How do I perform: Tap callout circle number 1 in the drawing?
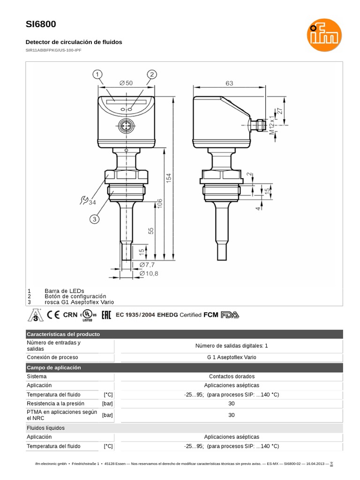[x=97, y=75]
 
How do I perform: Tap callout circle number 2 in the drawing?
[x=152, y=75]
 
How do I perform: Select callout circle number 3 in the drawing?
[x=94, y=219]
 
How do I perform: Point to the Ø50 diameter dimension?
[x=126, y=83]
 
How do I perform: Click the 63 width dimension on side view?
[x=229, y=83]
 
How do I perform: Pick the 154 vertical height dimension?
[x=169, y=178]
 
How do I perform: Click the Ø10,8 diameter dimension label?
[x=149, y=273]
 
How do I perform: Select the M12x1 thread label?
[x=272, y=125]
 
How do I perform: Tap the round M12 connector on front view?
[x=126, y=126]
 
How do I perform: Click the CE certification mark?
[x=54, y=315]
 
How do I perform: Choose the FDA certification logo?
[x=230, y=315]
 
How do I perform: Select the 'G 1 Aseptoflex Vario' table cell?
[x=232, y=357]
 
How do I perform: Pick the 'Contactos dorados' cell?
[x=232, y=376]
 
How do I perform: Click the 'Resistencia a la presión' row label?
[x=55, y=403]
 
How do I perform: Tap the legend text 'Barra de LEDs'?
[x=64, y=291]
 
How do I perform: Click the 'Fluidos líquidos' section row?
[x=46, y=428]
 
